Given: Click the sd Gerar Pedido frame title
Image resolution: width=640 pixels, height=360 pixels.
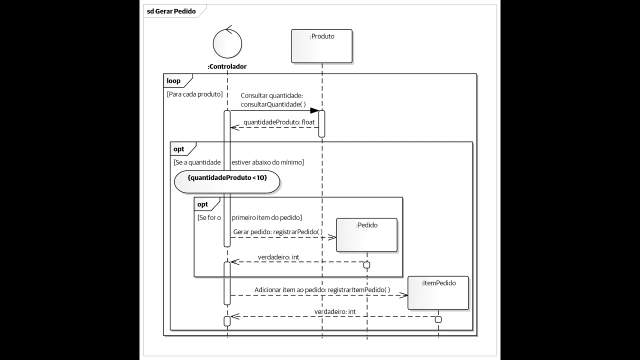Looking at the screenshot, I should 171,11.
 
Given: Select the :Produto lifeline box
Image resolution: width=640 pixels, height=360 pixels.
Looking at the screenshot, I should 321,46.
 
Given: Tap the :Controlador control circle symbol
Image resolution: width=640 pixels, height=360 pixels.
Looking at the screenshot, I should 227,43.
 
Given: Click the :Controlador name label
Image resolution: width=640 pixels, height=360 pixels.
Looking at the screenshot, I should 227,66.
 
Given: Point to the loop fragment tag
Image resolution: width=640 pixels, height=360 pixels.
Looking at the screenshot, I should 174,80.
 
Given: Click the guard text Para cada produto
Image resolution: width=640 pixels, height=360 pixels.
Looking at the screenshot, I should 194,94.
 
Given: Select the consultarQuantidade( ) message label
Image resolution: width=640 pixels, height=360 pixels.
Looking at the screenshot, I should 273,104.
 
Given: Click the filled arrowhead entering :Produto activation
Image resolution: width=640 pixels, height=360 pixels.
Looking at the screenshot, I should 314,110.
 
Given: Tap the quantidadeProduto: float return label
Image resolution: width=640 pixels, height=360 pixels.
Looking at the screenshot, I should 279,122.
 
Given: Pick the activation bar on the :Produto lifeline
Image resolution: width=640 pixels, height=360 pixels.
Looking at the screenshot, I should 322,123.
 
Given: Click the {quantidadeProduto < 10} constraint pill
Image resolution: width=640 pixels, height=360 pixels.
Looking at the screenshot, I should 227,177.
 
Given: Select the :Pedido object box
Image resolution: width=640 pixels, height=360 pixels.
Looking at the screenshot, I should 366,235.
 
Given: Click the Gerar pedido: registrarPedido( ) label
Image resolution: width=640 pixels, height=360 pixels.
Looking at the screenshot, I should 277,232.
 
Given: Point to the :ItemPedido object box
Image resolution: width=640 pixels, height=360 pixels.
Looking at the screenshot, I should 438,293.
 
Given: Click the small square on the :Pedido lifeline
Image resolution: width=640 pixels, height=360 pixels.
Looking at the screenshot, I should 366,264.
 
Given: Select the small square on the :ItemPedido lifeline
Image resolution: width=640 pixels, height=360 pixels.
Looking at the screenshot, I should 438,319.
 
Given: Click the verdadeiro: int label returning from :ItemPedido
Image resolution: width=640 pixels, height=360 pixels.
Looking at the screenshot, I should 335,311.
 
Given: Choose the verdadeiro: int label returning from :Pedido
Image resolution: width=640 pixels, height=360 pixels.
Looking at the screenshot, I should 278,257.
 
